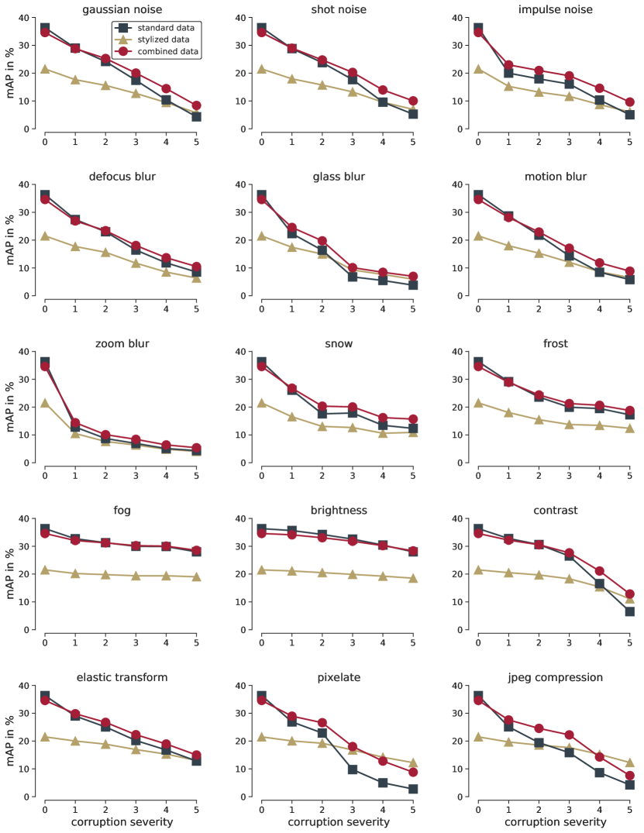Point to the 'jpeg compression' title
point(554,677)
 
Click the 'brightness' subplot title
point(338,511)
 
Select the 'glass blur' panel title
point(338,177)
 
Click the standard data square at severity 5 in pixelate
point(413,789)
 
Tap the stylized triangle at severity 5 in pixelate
point(413,762)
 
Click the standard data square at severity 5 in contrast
point(629,611)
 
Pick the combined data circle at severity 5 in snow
point(413,419)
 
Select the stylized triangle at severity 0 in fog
point(45,570)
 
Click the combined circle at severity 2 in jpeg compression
point(539,728)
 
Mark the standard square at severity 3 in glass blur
point(353,277)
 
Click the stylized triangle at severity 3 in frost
point(569,424)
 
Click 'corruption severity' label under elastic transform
point(122,821)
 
